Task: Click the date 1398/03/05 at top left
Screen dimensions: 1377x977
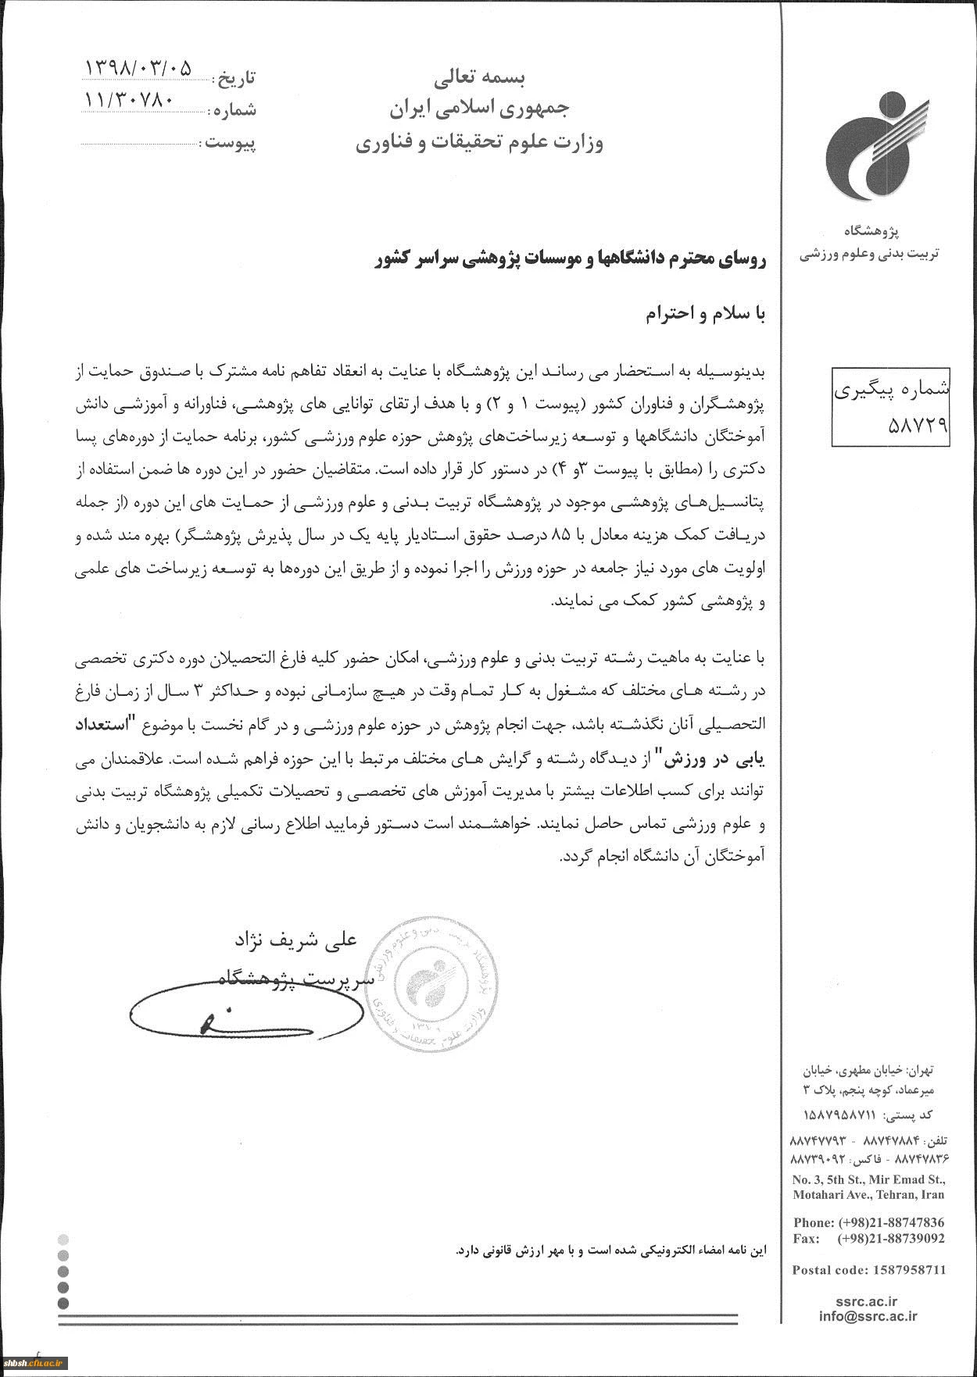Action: coord(137,68)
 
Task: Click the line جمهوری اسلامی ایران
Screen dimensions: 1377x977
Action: coord(480,109)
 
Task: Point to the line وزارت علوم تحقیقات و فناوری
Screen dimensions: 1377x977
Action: coord(480,143)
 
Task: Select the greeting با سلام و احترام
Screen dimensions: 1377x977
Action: coord(707,313)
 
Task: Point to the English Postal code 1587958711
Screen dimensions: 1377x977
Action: coord(868,1269)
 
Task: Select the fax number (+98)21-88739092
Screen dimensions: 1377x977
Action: coord(890,1238)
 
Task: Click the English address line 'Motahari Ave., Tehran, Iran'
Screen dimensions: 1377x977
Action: coord(868,1194)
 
